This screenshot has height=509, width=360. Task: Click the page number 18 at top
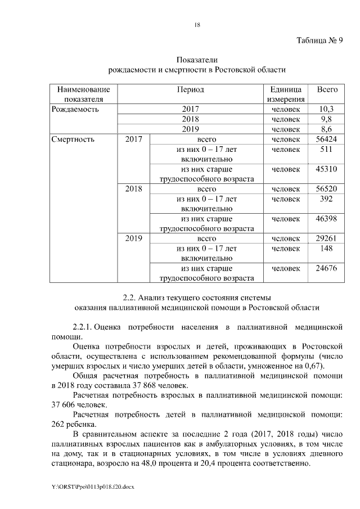coord(197,24)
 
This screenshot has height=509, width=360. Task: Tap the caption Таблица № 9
coord(319,40)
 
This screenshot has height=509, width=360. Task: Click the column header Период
coord(190,90)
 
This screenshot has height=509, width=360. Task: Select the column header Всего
coord(327,90)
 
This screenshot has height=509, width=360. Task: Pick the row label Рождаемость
coord(74,109)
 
